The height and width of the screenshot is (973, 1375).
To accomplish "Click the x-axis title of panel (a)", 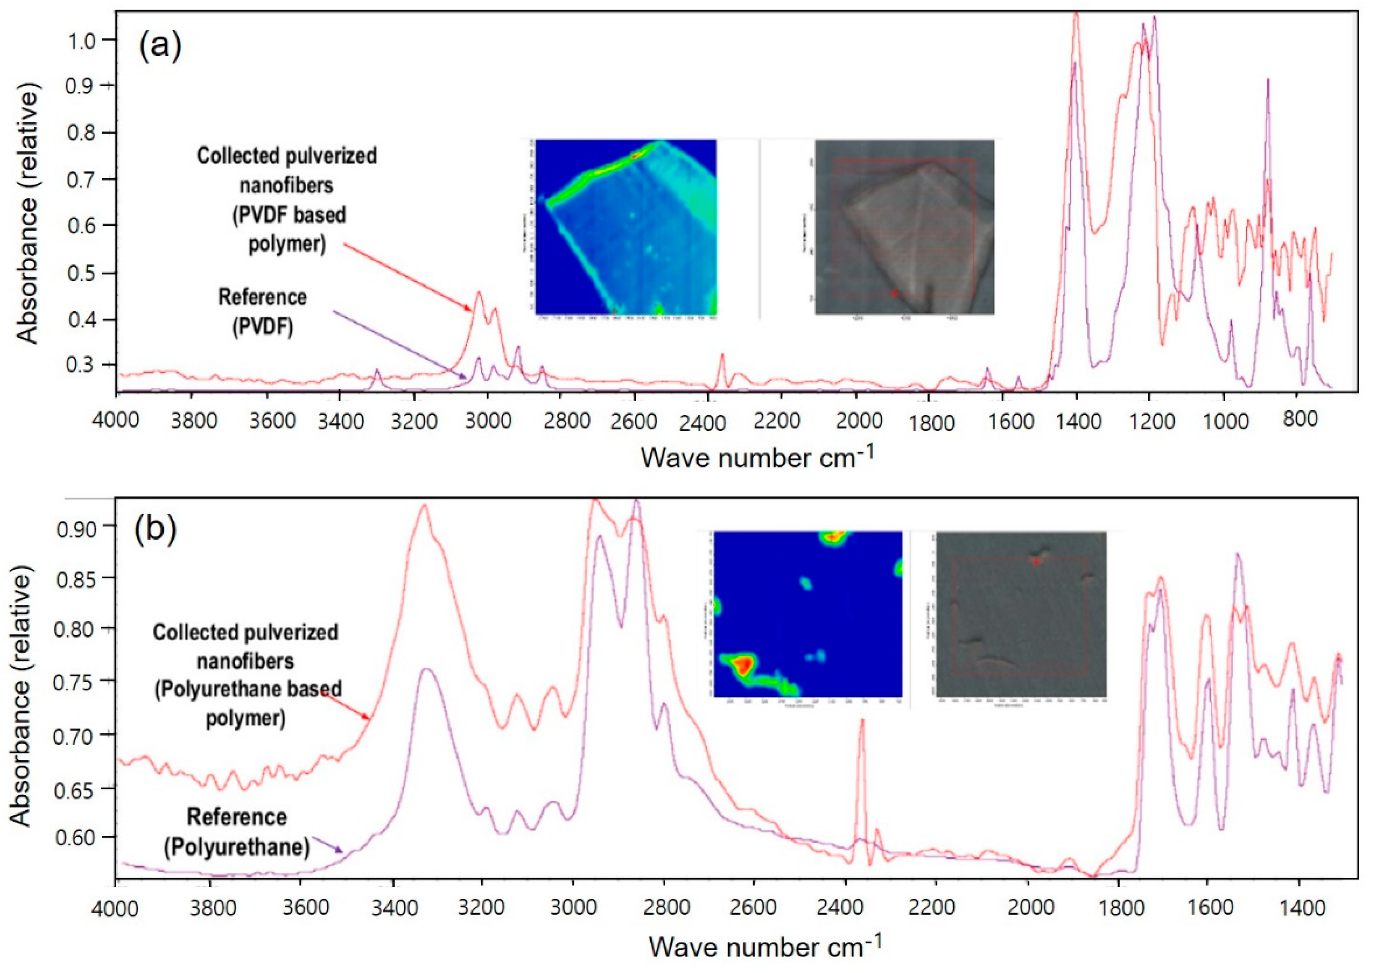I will (x=757, y=458).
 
